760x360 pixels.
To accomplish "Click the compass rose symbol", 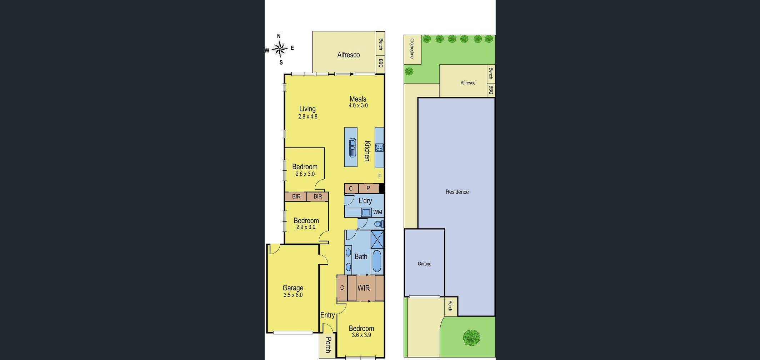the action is (x=280, y=49).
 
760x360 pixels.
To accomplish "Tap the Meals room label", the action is (x=358, y=99).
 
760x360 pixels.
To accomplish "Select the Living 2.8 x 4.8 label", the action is (x=307, y=112).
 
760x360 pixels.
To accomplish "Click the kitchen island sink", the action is (x=353, y=147).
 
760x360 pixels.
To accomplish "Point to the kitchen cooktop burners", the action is (x=379, y=147).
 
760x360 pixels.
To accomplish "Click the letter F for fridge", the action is (x=380, y=176).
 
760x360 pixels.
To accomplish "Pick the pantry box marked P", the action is (x=369, y=188).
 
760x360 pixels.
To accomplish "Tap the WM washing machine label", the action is (x=377, y=212).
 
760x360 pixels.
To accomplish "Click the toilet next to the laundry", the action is (x=379, y=224).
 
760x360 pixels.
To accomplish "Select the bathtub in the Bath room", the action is (x=377, y=261).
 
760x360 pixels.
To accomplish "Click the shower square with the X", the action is (x=377, y=239).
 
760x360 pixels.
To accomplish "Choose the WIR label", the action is (x=364, y=288).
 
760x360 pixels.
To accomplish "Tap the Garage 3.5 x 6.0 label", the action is (x=293, y=291).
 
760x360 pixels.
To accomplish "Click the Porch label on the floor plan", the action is (x=328, y=345).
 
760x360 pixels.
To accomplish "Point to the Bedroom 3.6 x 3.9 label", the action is (x=361, y=331).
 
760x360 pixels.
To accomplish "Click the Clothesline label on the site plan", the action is (x=412, y=49).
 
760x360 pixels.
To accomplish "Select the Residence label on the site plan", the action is (x=457, y=192).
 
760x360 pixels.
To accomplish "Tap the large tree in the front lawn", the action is (x=471, y=337).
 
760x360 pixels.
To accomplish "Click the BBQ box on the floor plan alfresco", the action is (x=380, y=64).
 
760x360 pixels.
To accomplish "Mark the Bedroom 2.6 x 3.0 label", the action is (x=305, y=170).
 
